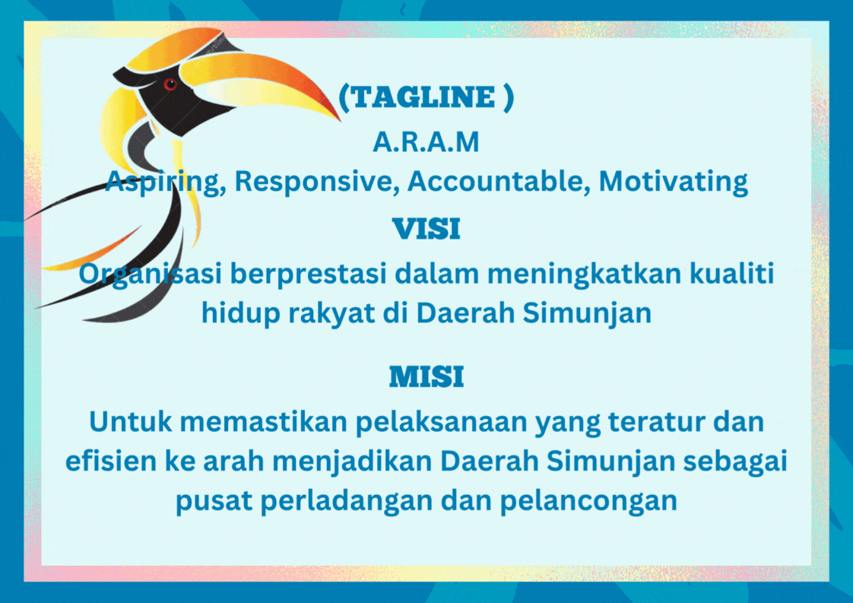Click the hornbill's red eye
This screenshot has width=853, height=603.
tap(170, 84)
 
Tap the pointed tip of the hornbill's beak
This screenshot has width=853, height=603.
tap(340, 119)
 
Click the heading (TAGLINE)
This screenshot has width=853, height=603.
tap(426, 97)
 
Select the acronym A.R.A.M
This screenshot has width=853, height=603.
tap(426, 142)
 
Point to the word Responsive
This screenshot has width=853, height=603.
tap(313, 181)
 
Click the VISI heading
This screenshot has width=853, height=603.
tap(426, 229)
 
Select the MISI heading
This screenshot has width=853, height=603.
tap(426, 376)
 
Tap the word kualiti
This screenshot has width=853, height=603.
tap(731, 273)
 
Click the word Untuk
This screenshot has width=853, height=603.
tap(131, 422)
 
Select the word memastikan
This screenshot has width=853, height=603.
tap(264, 422)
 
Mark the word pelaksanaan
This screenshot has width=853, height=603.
tap(442, 423)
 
